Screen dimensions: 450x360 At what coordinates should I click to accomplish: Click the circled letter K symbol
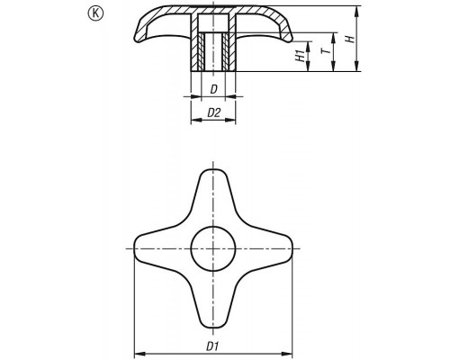point(95,13)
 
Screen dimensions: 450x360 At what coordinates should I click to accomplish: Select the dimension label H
point(350,39)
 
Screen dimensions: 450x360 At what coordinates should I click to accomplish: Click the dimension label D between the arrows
point(213,89)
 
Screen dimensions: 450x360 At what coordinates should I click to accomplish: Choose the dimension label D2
point(214,112)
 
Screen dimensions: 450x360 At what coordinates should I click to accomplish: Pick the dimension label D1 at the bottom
point(212,346)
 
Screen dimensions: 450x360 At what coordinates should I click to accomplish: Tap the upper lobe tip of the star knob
point(213,169)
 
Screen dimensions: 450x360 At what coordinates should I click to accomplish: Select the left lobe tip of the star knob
point(134,248)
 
